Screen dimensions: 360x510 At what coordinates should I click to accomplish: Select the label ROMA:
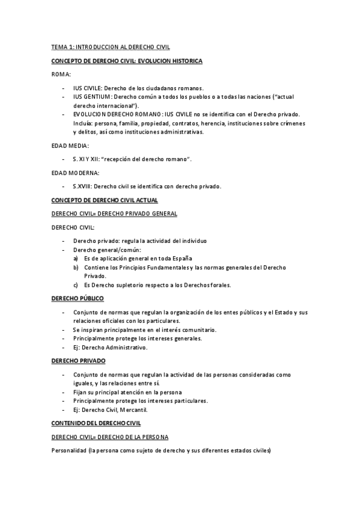pyautogui.click(x=61, y=75)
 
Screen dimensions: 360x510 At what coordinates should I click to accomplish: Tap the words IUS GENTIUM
pyautogui.click(x=91, y=97)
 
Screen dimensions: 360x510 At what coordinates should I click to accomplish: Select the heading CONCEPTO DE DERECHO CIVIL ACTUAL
pyautogui.click(x=105, y=200)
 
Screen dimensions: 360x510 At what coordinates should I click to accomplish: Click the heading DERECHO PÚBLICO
pyautogui.click(x=78, y=298)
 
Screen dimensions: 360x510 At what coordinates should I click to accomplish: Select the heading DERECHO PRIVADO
pyautogui.click(x=78, y=361)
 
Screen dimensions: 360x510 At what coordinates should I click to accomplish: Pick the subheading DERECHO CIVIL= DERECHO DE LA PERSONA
pyautogui.click(x=110, y=437)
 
